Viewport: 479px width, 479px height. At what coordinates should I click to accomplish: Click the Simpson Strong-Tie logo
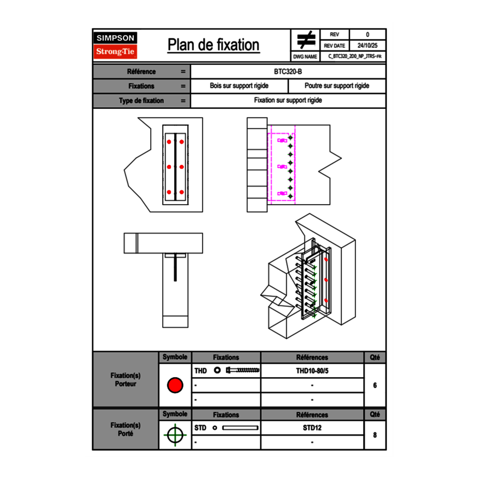pyautogui.click(x=116, y=45)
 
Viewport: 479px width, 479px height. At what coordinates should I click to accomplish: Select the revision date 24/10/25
pyautogui.click(x=367, y=46)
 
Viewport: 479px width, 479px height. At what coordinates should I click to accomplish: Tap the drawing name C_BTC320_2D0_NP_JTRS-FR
pyautogui.click(x=354, y=56)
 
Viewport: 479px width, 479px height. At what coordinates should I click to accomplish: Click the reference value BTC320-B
pyautogui.click(x=288, y=71)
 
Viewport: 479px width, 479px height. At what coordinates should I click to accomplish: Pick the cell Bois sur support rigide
pyautogui.click(x=239, y=86)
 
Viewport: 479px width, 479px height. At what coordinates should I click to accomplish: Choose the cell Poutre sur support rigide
pyautogui.click(x=337, y=86)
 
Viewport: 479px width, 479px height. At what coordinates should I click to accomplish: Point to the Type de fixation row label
pyautogui.click(x=141, y=101)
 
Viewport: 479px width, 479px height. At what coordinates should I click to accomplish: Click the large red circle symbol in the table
pyautogui.click(x=175, y=385)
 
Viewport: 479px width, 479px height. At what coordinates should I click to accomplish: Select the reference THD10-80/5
pyautogui.click(x=312, y=371)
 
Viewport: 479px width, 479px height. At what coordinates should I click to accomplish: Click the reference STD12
pyautogui.click(x=312, y=428)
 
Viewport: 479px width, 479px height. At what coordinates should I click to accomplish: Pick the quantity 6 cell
pyautogui.click(x=375, y=385)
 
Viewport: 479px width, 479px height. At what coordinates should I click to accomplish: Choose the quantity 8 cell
pyautogui.click(x=375, y=435)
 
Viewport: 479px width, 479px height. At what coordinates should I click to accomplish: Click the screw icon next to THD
pyautogui.click(x=243, y=371)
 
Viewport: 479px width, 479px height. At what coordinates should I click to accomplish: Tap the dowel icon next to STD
pyautogui.click(x=240, y=428)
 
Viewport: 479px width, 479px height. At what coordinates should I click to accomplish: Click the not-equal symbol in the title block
pyautogui.click(x=306, y=40)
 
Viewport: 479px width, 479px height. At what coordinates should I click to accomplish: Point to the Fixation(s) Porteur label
pyautogui.click(x=126, y=379)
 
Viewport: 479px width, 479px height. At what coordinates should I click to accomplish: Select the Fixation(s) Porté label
pyautogui.click(x=126, y=429)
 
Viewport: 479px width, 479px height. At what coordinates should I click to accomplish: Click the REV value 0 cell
pyautogui.click(x=367, y=35)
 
